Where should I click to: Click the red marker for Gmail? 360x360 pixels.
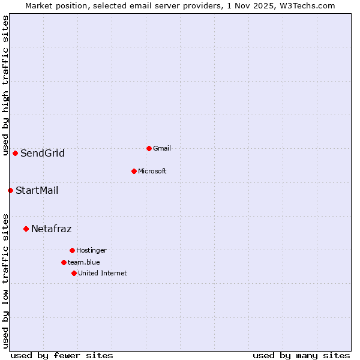[149, 148]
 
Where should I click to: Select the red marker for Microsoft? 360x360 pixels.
[134, 171]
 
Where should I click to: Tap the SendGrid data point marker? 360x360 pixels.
[15, 153]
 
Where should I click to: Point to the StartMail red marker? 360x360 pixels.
[10, 190]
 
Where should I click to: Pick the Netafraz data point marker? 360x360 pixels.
[26, 229]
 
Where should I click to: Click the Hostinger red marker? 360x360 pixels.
[72, 250]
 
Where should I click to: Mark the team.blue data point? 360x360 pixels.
[64, 262]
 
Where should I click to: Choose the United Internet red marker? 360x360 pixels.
[74, 273]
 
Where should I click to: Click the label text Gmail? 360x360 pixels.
[162, 148]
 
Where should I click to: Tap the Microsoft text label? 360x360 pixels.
[152, 171]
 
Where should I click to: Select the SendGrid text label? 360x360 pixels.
[43, 153]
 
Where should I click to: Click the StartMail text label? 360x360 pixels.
[37, 191]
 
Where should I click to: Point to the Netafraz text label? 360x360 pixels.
[52, 229]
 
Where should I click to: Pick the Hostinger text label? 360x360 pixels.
[91, 250]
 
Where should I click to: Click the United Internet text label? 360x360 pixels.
[103, 273]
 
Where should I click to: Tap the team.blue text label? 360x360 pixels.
[84, 262]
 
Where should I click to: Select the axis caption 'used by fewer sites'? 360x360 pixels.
[62, 355]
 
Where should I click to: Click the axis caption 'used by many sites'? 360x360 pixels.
[301, 355]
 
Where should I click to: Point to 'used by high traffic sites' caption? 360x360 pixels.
[5, 85]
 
